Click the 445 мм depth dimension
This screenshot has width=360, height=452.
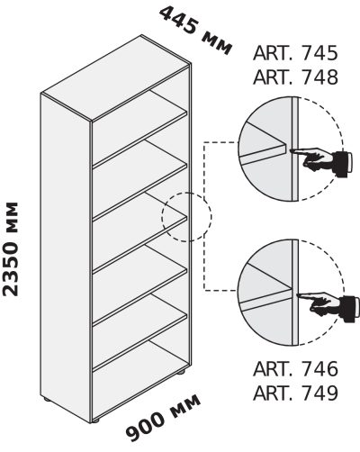point(195,31)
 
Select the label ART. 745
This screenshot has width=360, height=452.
point(295,53)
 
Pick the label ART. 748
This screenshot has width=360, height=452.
point(295,77)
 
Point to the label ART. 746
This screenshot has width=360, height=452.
point(295,368)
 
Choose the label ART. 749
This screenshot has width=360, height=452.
point(295,392)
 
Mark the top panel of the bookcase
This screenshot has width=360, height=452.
point(115,78)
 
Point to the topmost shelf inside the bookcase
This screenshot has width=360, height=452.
point(139,128)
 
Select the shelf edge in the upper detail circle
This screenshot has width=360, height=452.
point(263,154)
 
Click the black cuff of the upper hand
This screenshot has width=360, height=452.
point(343,164)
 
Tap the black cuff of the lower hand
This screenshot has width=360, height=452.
point(349,309)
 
